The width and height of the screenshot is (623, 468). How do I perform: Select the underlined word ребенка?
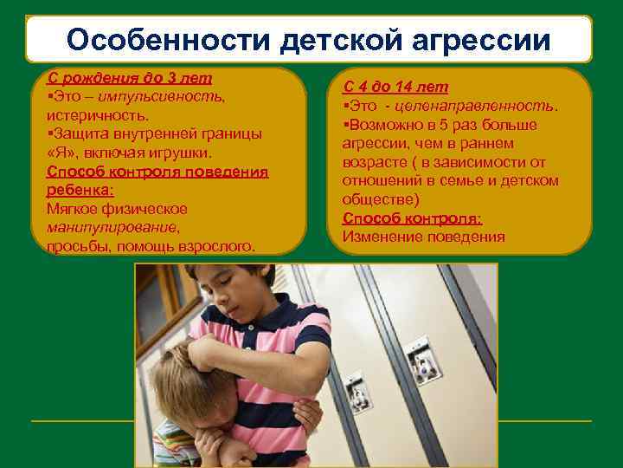point(80,190)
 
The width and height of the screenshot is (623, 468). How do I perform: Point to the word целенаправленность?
point(485,106)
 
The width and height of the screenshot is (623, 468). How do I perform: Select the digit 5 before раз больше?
point(455,125)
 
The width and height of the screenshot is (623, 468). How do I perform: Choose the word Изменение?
point(382,237)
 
